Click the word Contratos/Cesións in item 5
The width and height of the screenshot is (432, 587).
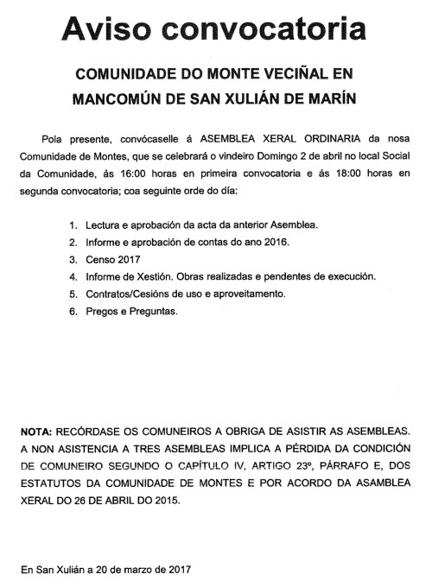pos(131,293)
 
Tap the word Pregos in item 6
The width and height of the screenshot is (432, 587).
pos(100,311)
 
